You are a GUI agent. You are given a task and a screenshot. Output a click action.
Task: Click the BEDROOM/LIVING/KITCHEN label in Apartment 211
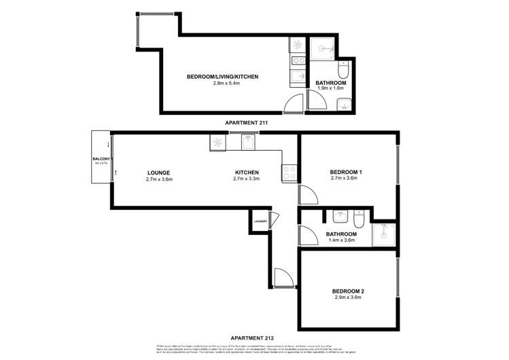pos(222,77)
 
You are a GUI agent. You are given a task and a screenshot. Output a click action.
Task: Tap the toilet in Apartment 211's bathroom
pos(345,71)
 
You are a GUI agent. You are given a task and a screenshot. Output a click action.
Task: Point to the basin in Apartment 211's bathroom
pos(343,104)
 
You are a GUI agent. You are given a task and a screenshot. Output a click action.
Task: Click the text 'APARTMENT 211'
pos(247,122)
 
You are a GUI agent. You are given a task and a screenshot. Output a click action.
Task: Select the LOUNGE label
pos(159,173)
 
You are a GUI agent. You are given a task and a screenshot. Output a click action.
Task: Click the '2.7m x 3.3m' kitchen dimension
pos(247,179)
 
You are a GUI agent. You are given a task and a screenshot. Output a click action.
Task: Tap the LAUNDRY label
pos(260,221)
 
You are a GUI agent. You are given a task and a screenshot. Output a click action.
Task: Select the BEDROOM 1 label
pos(346,173)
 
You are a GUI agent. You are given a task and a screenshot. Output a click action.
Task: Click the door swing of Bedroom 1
pos(307,196)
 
